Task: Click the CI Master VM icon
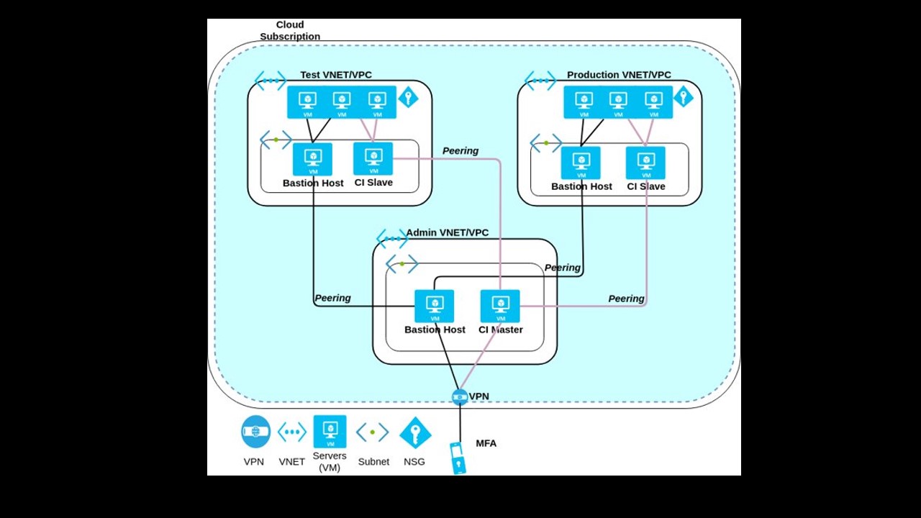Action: pyautogui.click(x=500, y=306)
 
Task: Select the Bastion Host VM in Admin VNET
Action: pyautogui.click(x=435, y=306)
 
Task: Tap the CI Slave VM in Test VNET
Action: pyautogui.click(x=373, y=158)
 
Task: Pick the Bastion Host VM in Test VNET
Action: pyautogui.click(x=313, y=159)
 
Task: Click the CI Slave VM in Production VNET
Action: pyautogui.click(x=645, y=163)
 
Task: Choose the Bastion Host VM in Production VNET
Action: pyautogui.click(x=581, y=163)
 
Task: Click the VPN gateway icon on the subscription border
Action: pyautogui.click(x=460, y=396)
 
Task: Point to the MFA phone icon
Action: pyautogui.click(x=458, y=458)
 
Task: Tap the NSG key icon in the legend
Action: pyautogui.click(x=415, y=432)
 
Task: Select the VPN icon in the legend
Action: pyautogui.click(x=255, y=432)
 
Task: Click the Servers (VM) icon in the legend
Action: pyautogui.click(x=330, y=432)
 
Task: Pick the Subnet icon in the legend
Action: pyautogui.click(x=373, y=432)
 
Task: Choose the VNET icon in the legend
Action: pyautogui.click(x=292, y=432)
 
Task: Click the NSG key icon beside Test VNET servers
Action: pyautogui.click(x=408, y=97)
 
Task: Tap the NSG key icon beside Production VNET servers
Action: pyautogui.click(x=684, y=96)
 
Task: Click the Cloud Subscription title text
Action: pyautogui.click(x=290, y=30)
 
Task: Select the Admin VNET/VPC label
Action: pyautogui.click(x=447, y=232)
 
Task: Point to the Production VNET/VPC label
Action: pyautogui.click(x=619, y=75)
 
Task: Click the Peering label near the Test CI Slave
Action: pyautogui.click(x=460, y=151)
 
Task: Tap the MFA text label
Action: pyautogui.click(x=486, y=443)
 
